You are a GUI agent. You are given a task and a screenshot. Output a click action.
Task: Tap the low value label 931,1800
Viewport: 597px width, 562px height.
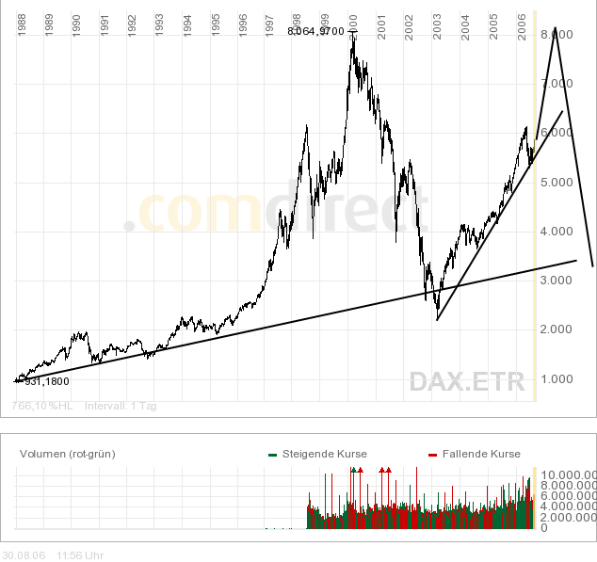(48, 381)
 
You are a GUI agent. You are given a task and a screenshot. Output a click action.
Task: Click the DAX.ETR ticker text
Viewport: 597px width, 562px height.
(465, 381)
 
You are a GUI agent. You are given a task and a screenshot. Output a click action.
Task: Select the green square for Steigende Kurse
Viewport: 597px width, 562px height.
(273, 455)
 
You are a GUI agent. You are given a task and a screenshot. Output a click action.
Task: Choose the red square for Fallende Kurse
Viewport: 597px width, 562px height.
(433, 455)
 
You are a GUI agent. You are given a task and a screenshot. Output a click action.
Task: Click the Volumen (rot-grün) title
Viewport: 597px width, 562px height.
(67, 454)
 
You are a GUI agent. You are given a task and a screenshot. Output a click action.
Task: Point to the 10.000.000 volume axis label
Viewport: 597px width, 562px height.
(567, 474)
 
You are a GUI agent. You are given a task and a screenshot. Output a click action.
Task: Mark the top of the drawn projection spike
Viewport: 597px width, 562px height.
(556, 29)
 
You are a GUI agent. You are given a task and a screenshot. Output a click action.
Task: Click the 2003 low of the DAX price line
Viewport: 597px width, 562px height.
(437, 311)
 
